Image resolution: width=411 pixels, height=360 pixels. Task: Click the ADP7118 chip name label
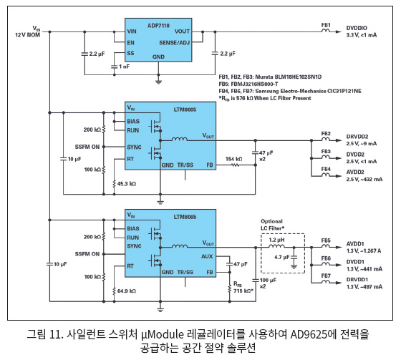pyautogui.click(x=158, y=26)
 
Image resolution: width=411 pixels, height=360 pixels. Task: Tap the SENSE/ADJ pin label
pyautogui.click(x=174, y=43)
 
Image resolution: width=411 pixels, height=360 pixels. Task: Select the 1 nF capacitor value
pyautogui.click(x=125, y=67)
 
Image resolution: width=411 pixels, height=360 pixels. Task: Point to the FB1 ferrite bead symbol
pyautogui.click(x=326, y=31)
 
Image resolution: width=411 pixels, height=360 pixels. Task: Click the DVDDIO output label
pyautogui.click(x=357, y=28)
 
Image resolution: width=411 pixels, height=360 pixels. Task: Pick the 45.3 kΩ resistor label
pyautogui.click(x=127, y=184)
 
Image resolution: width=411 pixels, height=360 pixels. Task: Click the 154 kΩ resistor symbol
pyautogui.click(x=235, y=165)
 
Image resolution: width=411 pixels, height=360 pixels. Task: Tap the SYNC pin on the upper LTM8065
pyautogui.click(x=134, y=147)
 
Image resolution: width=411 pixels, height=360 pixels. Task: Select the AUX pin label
pyautogui.click(x=207, y=256)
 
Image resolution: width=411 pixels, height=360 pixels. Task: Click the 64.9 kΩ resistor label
pyautogui.click(x=127, y=291)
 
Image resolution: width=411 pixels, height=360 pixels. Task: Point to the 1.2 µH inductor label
pyautogui.click(x=276, y=240)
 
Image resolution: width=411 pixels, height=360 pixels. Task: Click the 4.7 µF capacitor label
pyautogui.click(x=282, y=257)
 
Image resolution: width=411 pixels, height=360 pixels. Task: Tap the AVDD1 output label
pyautogui.click(x=355, y=244)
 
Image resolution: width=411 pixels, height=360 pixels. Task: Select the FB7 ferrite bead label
pyautogui.click(x=326, y=276)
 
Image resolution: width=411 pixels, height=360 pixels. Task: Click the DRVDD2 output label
pyautogui.click(x=357, y=137)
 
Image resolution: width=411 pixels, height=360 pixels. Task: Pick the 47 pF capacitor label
pyautogui.click(x=241, y=264)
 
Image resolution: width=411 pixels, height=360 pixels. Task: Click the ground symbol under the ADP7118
pyautogui.click(x=158, y=82)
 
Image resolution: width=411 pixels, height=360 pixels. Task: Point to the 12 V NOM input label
pyautogui.click(x=27, y=35)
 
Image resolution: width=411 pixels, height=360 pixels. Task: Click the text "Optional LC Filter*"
pyautogui.click(x=272, y=225)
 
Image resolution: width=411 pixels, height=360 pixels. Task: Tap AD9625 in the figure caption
pyautogui.click(x=311, y=334)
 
